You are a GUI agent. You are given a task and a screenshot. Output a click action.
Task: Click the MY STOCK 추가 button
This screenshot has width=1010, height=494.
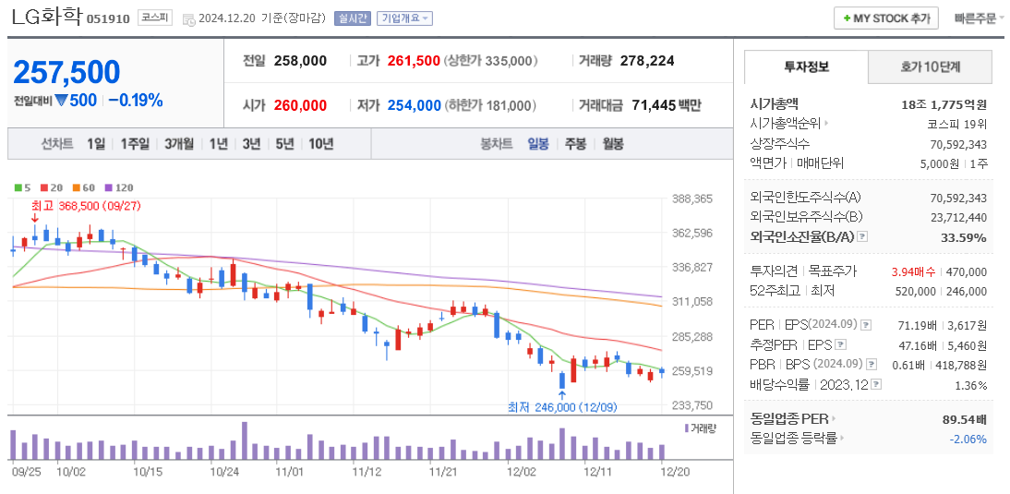click(x=885, y=18)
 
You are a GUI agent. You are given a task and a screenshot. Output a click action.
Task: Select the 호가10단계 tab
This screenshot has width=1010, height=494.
click(x=930, y=66)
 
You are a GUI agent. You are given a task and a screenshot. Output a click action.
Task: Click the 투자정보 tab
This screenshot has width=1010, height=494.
click(x=806, y=66)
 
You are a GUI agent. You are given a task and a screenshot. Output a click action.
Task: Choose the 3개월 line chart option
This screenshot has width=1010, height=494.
click(x=179, y=143)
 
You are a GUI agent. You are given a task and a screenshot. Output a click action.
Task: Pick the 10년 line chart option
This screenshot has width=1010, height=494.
click(x=321, y=143)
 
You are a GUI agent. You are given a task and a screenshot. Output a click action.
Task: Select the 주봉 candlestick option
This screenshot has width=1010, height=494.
click(x=575, y=143)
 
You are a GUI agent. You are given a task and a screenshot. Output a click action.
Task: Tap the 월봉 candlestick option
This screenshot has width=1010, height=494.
click(x=612, y=143)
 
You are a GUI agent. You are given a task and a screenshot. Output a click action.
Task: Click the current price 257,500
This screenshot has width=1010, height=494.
click(x=66, y=72)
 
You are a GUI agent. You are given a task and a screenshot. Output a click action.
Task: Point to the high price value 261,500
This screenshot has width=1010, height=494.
click(x=414, y=61)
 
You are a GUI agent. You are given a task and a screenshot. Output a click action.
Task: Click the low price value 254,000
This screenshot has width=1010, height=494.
click(x=414, y=105)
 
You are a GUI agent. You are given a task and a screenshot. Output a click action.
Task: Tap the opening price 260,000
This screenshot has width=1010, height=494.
click(x=300, y=105)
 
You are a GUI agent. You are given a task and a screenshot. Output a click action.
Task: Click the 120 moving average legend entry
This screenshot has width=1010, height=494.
click(x=119, y=187)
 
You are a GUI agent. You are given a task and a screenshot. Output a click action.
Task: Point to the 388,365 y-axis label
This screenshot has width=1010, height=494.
click(x=692, y=199)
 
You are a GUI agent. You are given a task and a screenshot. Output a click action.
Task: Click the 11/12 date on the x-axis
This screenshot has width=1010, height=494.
click(x=367, y=471)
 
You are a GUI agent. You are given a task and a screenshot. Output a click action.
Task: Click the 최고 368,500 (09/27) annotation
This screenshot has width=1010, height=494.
click(x=85, y=205)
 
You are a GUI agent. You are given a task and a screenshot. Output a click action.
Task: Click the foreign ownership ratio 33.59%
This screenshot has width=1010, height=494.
click(x=964, y=237)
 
